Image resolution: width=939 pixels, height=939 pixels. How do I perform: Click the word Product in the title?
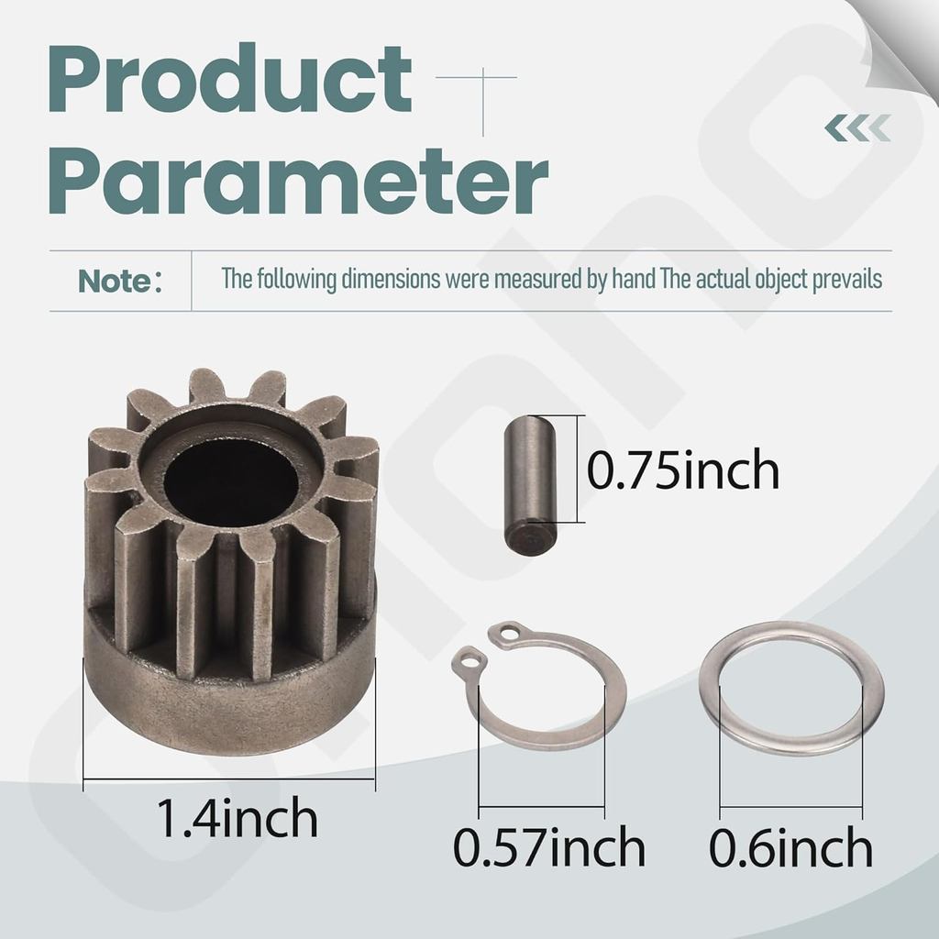tap(229, 84)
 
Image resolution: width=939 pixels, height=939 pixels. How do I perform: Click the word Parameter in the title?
tap(299, 184)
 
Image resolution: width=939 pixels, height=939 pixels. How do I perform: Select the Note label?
tap(115, 282)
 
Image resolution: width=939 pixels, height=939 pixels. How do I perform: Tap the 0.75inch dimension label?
tap(682, 470)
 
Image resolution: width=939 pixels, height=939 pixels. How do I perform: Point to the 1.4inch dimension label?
tap(238, 818)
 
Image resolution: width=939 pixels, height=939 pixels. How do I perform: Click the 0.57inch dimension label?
tap(548, 848)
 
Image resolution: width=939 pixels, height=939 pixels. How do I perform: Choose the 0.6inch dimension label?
tap(790, 848)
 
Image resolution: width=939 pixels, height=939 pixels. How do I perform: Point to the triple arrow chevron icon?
tap(856, 128)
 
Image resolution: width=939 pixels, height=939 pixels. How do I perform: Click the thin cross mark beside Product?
tap(483, 81)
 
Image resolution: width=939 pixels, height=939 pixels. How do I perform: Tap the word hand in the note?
tap(632, 280)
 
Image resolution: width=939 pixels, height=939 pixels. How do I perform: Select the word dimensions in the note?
tap(392, 280)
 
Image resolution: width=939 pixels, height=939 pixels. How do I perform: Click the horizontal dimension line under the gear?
tap(229, 779)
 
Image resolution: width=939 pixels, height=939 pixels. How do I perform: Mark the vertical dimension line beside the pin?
tap(578, 469)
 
